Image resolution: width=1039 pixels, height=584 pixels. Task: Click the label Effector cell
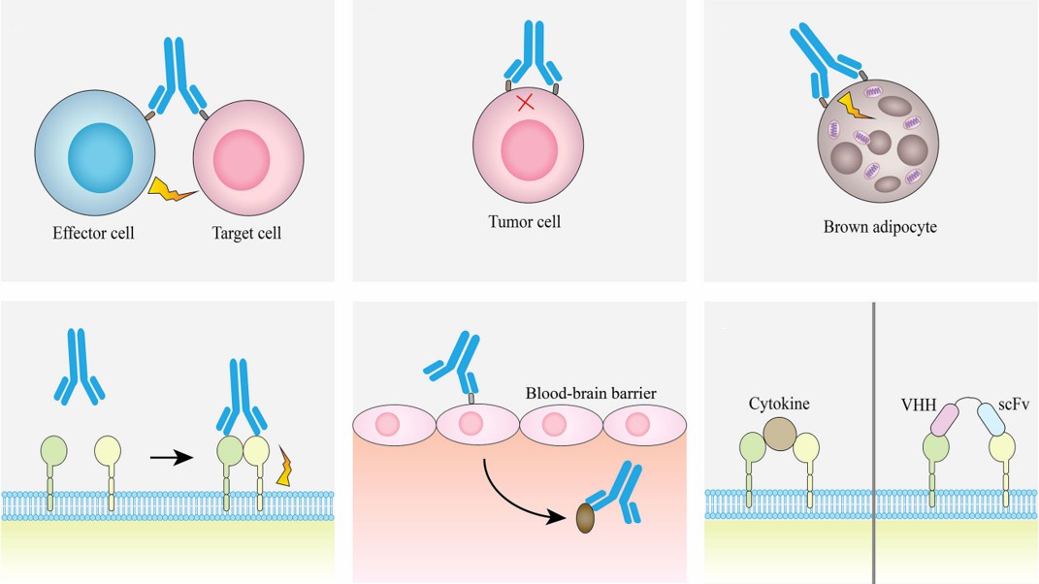click(93, 234)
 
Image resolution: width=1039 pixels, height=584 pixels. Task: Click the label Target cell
click(246, 234)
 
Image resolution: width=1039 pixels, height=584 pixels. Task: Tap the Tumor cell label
click(524, 222)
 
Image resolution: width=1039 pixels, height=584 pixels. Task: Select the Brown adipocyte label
click(872, 228)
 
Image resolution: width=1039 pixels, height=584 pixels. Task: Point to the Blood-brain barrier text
click(591, 394)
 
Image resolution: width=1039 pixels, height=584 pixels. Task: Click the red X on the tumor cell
click(525, 101)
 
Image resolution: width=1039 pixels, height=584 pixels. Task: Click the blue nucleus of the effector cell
click(101, 156)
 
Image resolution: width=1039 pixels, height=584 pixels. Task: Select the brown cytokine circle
click(778, 432)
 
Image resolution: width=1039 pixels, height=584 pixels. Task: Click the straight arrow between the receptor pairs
click(171, 457)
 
